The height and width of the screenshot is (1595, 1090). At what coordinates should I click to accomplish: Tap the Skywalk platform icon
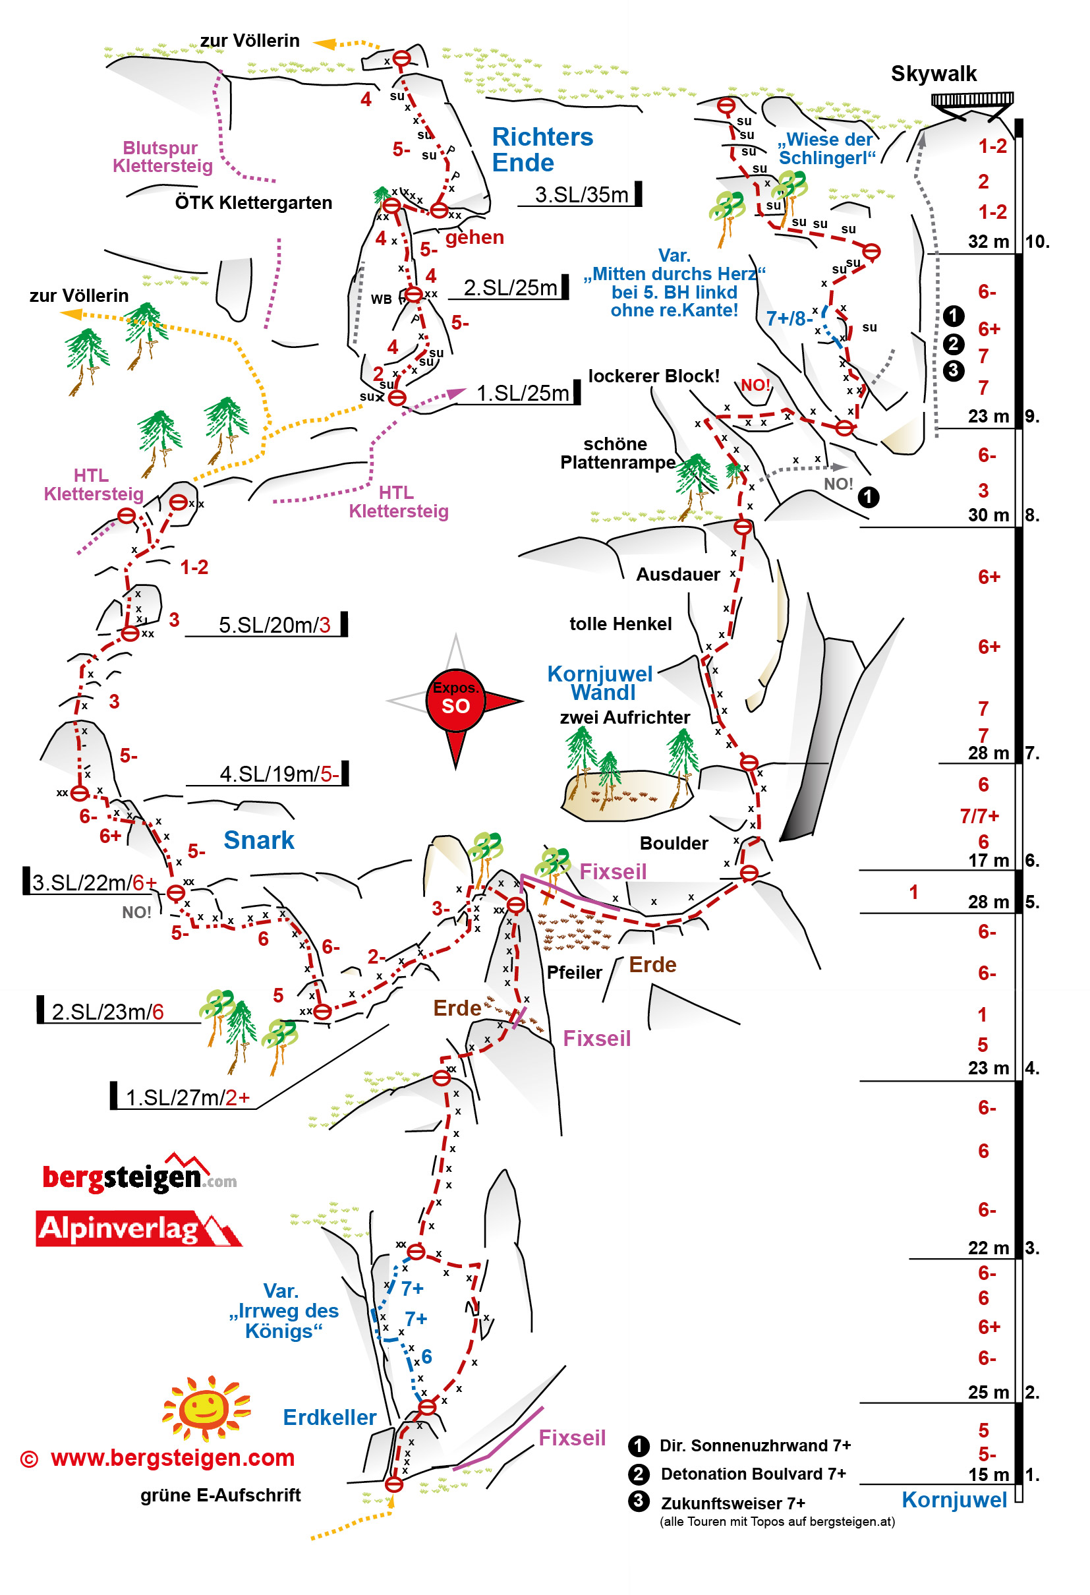click(x=971, y=101)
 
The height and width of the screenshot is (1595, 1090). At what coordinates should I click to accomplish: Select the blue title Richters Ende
click(x=542, y=150)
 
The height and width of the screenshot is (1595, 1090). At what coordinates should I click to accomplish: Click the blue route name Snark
click(x=259, y=840)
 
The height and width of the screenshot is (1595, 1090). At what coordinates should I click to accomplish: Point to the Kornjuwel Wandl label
click(x=600, y=683)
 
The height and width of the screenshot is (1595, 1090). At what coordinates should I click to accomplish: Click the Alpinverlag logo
click(x=137, y=1229)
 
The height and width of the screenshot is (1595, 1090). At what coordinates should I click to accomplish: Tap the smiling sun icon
click(x=206, y=1408)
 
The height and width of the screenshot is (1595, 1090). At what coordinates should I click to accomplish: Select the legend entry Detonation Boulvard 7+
click(x=753, y=1474)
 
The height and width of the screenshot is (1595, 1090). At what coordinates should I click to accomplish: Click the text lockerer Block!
click(x=654, y=376)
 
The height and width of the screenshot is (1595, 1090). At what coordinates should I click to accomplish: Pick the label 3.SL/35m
click(x=581, y=195)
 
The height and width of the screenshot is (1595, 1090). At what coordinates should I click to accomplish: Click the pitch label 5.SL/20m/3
click(x=274, y=625)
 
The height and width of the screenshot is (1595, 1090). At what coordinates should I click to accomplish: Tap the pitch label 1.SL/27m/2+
click(x=186, y=1097)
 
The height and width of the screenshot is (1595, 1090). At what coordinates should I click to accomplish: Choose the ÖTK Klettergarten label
click(x=253, y=202)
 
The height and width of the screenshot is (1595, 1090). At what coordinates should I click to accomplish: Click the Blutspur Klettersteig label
click(x=162, y=156)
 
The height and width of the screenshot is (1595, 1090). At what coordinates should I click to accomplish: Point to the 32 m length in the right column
click(x=988, y=242)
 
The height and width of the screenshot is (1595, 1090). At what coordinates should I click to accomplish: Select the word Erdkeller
click(x=330, y=1417)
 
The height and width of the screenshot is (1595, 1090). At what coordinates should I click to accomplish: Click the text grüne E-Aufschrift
click(x=220, y=1495)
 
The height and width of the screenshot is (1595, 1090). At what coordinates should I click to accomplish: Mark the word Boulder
click(x=674, y=843)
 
